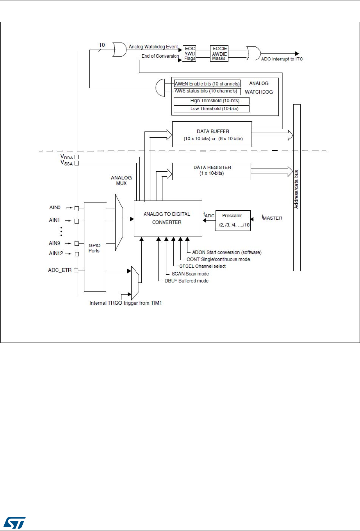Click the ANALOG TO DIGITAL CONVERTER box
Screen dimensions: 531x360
[168, 218]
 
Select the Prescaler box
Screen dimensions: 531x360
[233, 220]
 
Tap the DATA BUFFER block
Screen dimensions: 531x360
[212, 135]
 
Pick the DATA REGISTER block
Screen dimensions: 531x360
[212, 171]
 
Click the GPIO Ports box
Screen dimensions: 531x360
[95, 247]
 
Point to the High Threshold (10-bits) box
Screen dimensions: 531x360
[211, 101]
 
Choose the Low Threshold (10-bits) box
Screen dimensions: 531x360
[211, 108]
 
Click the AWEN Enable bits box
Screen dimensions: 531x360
[207, 84]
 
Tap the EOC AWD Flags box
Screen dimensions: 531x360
[189, 53]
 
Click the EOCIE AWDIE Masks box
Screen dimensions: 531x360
[219, 53]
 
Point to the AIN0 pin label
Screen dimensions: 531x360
[55, 208]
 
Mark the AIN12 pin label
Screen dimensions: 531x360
[56, 254]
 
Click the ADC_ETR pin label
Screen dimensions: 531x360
[60, 270]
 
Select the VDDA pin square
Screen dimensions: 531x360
[77, 157]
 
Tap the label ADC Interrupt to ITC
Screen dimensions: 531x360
[282, 59]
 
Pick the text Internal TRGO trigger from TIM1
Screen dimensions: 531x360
[125, 303]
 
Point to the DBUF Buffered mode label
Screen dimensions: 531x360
[186, 281]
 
